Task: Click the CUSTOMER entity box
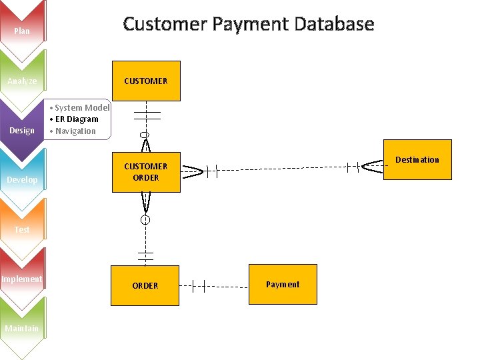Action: coord(146,81)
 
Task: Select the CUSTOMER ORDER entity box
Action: coord(146,172)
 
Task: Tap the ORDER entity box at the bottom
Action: coord(145,285)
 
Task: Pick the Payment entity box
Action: coord(283,285)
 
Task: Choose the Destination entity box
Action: coord(417,160)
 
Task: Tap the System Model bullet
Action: coord(81,107)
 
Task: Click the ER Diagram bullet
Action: coord(76,119)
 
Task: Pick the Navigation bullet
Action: coord(75,131)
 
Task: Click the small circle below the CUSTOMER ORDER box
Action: coord(145,219)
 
